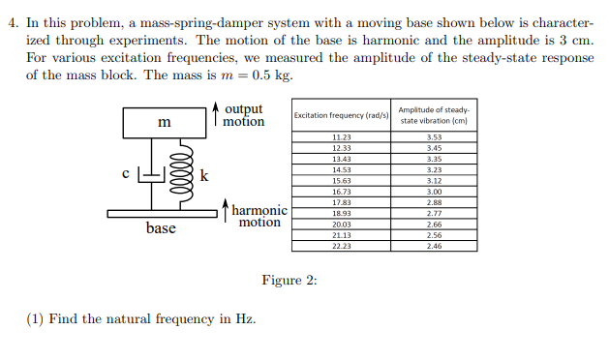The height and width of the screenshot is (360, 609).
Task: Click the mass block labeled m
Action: coord(164,123)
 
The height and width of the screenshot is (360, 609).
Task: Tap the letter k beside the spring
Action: coord(203,174)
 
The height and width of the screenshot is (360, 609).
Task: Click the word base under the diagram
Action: coord(161,229)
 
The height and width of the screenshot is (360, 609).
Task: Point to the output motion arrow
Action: coord(214,115)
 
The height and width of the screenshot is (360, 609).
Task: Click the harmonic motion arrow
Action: coord(225,209)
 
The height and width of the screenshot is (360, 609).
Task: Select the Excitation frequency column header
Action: coord(341,115)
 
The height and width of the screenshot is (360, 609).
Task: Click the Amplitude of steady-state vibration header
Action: coord(434,115)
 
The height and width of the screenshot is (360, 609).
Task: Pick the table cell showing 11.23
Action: coord(341,137)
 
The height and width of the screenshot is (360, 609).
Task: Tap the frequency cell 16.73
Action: coord(341,192)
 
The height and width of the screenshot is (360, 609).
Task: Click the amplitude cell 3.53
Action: coord(434,137)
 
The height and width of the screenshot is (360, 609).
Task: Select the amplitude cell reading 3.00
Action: coord(434,192)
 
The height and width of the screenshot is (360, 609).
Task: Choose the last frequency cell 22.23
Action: coord(341,246)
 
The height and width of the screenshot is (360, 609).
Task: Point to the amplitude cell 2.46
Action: coord(434,246)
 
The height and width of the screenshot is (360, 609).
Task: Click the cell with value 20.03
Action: coord(341,225)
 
